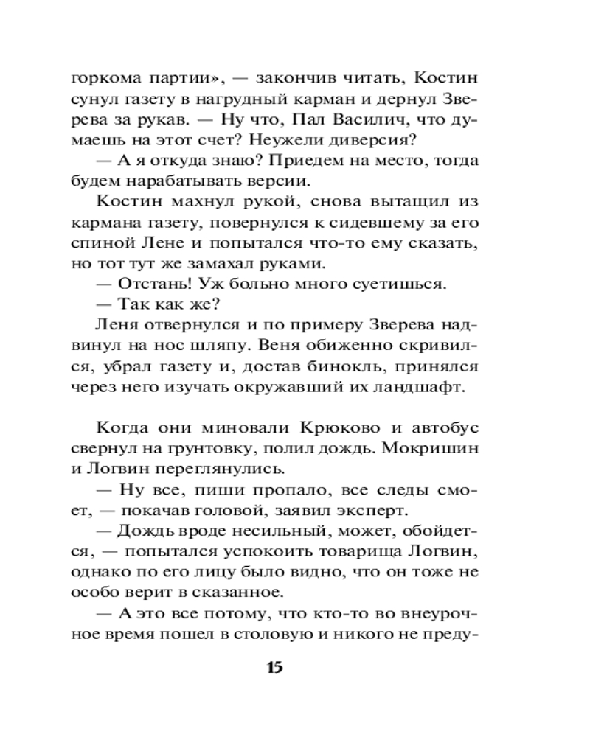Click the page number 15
(274, 668)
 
